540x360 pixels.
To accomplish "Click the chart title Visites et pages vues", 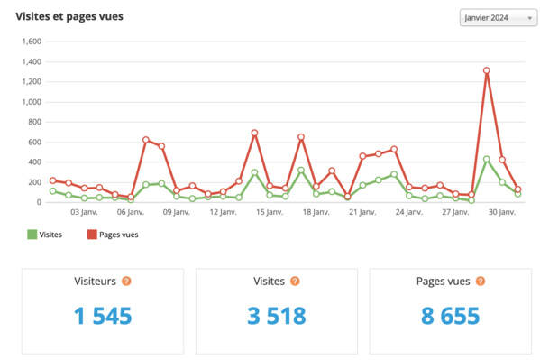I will [x=69, y=16].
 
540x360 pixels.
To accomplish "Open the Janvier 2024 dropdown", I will [x=498, y=17].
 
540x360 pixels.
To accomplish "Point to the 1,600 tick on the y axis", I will [x=32, y=42].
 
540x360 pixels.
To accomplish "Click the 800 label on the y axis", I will [x=35, y=122].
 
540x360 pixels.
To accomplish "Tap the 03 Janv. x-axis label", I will [x=83, y=213].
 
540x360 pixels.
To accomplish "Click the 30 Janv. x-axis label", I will [x=501, y=213].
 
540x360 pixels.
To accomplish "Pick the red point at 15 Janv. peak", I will [x=254, y=133].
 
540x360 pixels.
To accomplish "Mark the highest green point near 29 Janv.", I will [x=487, y=160].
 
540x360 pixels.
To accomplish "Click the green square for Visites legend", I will [x=32, y=235].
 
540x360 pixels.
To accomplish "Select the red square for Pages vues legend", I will [x=91, y=235].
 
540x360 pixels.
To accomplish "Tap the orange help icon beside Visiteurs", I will [x=126, y=281].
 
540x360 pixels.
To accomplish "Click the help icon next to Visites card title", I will [x=294, y=281].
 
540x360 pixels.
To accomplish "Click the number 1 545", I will [x=102, y=317].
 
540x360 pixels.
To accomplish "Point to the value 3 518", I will [x=276, y=317].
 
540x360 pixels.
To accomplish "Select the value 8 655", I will [x=450, y=317].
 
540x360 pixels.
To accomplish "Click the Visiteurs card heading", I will [x=95, y=281].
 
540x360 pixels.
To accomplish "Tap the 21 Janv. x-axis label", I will [x=362, y=213].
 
